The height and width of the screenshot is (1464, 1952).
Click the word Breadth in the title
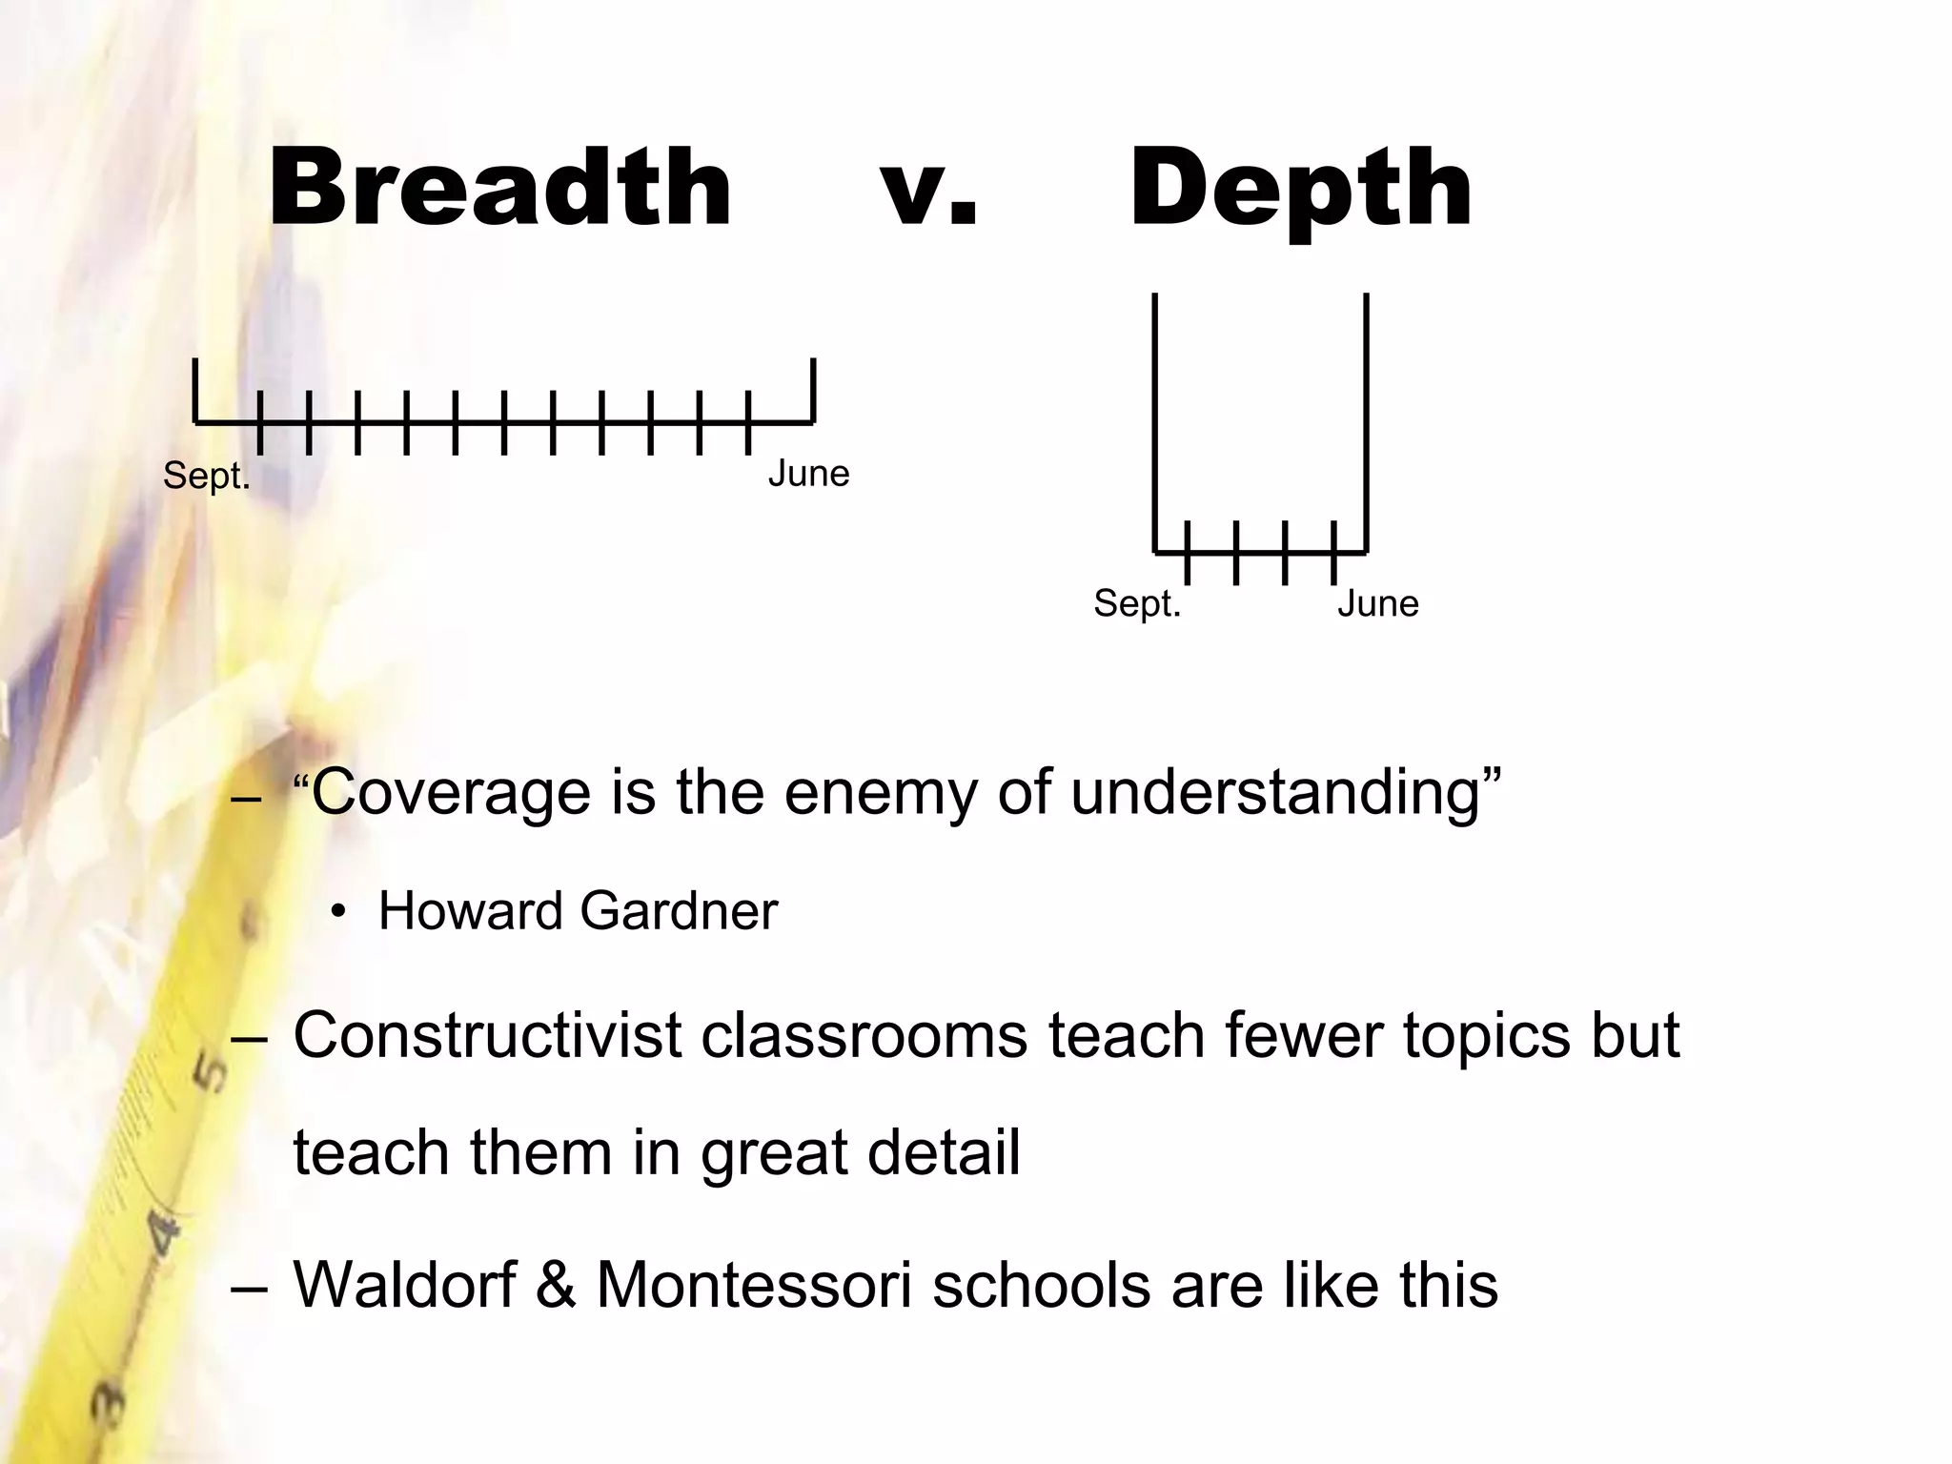(500, 188)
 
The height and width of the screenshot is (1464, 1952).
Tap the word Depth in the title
(1301, 190)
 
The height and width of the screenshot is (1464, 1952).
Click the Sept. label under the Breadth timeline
(206, 476)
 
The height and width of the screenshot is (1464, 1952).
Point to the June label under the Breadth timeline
(808, 474)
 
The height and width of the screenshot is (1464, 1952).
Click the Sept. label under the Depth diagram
(1137, 603)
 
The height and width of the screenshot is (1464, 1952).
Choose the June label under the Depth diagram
(1377, 603)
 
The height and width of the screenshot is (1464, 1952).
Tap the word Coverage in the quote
(451, 793)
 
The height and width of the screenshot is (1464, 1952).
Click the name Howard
(470, 910)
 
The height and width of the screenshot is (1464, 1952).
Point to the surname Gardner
(679, 910)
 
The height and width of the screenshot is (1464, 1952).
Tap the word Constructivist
(487, 1035)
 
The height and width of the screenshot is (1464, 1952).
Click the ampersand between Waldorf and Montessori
(557, 1284)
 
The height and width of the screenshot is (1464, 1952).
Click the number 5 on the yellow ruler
(211, 1071)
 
